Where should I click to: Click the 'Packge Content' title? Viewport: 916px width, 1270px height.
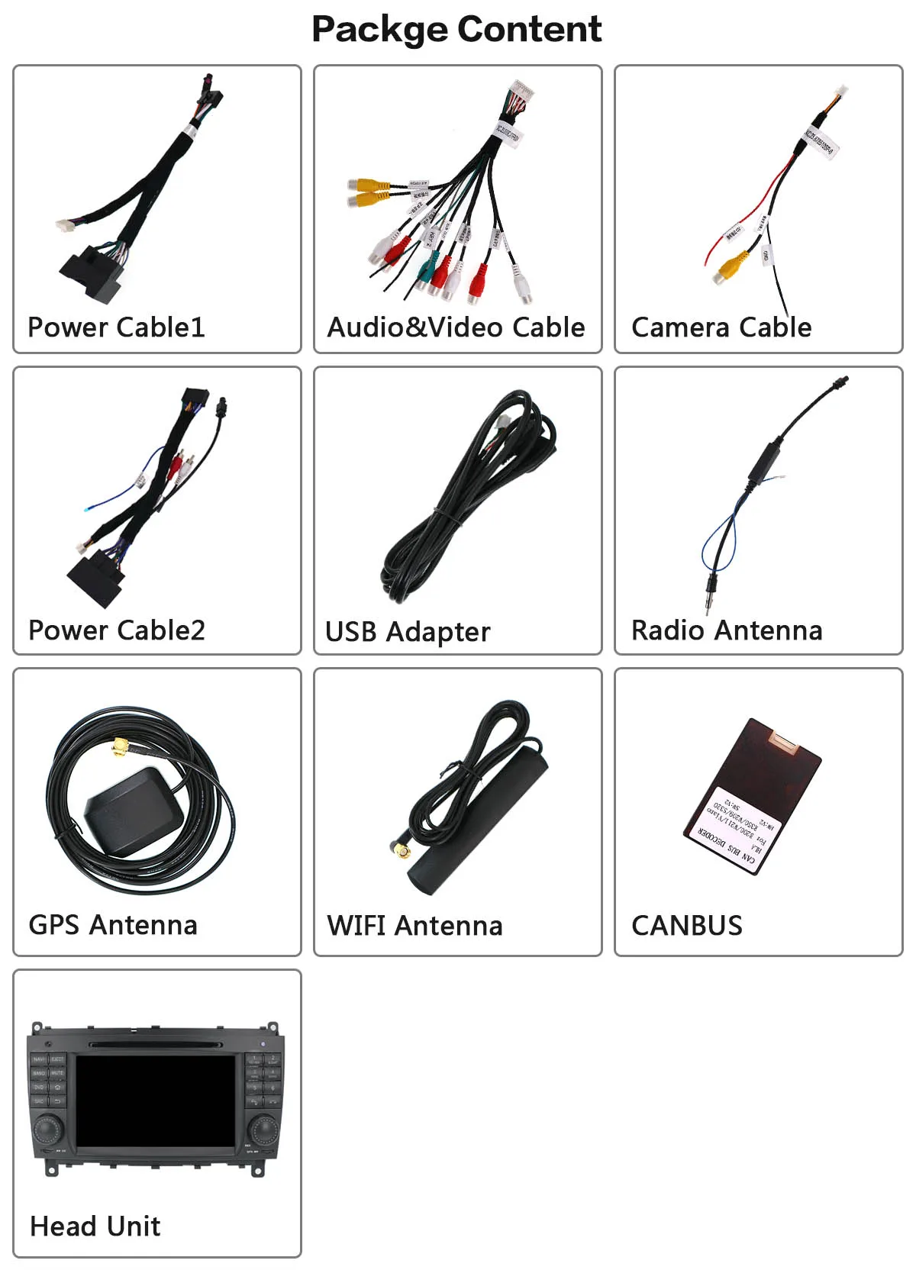[456, 30]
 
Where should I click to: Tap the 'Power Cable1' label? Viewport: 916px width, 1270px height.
[116, 327]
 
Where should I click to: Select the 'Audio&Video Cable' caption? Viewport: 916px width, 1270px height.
[456, 327]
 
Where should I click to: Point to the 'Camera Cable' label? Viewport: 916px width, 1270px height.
[721, 327]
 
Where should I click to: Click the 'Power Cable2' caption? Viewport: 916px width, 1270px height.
[116, 630]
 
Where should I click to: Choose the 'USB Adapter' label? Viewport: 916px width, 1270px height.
[408, 632]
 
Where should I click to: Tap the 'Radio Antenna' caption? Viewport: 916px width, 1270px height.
[727, 630]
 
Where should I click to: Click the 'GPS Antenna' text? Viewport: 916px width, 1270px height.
[113, 925]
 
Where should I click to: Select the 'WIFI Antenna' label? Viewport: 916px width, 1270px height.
[414, 926]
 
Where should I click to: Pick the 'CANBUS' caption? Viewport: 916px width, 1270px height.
[687, 926]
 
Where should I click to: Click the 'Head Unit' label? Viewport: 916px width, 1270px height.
[95, 1226]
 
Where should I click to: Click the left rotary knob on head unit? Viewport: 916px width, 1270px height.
[48, 1129]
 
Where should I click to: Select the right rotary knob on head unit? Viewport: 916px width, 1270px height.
[263, 1129]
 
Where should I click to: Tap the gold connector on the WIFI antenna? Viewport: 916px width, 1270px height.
[402, 849]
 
